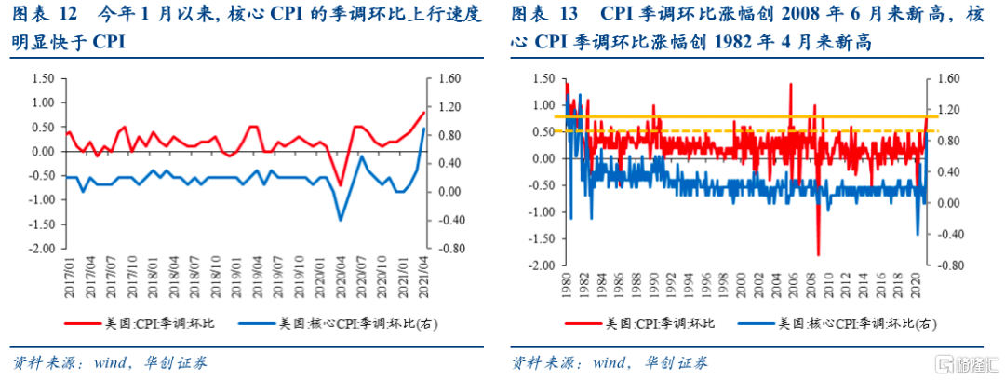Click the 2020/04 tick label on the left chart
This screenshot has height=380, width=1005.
[341, 277]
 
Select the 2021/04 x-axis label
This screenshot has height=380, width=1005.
[424, 277]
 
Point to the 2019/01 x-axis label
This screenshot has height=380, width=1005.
[236, 277]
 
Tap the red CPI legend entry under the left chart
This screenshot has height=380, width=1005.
[140, 324]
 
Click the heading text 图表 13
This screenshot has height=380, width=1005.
[547, 15]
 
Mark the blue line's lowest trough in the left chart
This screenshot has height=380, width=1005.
[341, 220]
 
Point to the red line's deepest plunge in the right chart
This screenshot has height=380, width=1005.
[818, 254]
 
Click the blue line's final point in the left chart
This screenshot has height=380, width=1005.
[424, 129]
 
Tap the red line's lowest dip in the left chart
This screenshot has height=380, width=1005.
[341, 184]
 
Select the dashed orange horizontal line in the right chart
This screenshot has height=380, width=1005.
[744, 131]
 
